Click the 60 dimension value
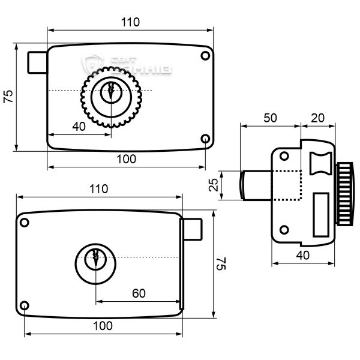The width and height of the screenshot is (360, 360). [x=139, y=293]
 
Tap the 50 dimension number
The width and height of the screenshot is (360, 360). [x=269, y=118]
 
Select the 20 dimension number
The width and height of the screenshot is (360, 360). [x=318, y=118]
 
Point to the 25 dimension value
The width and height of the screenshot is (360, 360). [x=213, y=185]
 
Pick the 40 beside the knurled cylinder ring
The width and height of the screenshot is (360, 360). [x=79, y=126]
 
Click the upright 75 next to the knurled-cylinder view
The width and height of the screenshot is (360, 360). [x=8, y=98]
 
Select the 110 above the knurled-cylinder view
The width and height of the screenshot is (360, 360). [x=130, y=22]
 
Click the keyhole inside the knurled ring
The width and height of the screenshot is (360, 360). [x=109, y=92]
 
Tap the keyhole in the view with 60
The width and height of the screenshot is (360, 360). [x=95, y=259]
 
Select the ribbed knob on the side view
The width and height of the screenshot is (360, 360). [x=344, y=193]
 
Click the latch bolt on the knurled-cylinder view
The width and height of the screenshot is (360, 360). [x=37, y=62]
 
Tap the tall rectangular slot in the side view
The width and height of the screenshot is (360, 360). [x=320, y=215]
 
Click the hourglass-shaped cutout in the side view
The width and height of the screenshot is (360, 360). [x=320, y=163]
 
